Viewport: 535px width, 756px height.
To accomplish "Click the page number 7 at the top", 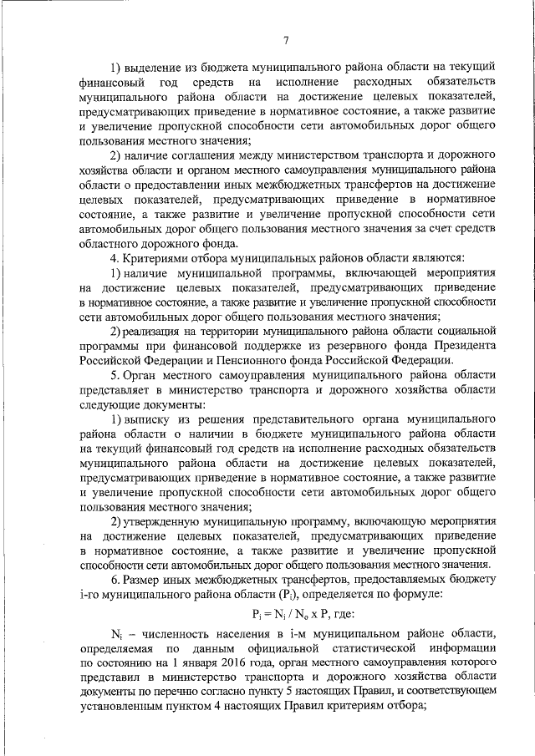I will coord(285,40).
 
